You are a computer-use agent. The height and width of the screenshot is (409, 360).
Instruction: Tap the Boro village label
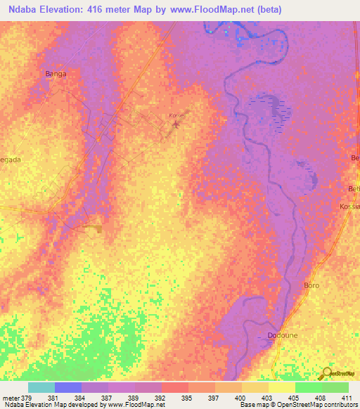tap(311, 285)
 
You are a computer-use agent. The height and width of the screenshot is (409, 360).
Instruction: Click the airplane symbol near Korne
tap(175, 125)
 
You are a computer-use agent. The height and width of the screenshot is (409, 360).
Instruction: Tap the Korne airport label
tap(176, 115)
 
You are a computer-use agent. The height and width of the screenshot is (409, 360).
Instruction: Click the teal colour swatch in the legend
tap(41, 387)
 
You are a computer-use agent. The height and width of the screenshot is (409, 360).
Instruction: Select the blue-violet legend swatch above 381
tap(68, 387)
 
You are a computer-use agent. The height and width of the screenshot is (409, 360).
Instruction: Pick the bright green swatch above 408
tap(309, 387)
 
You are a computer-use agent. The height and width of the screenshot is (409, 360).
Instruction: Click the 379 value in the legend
tap(27, 397)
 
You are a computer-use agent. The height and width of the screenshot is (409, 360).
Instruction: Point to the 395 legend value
tap(187, 397)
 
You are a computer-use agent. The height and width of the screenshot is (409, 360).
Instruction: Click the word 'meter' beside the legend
tap(11, 397)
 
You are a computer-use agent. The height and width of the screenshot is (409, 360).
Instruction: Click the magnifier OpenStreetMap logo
tap(327, 372)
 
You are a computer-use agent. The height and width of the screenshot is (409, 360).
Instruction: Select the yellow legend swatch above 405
tap(282, 387)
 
